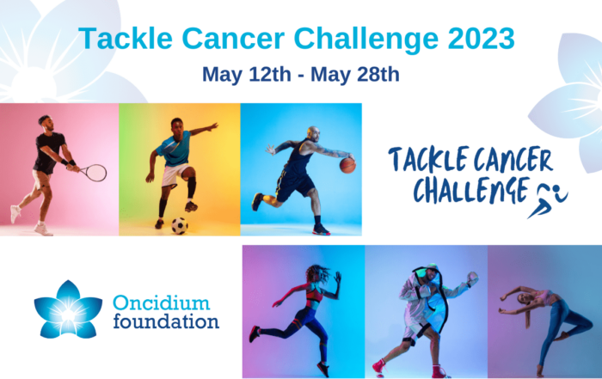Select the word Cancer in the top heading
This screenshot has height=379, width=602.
pyautogui.click(x=233, y=39)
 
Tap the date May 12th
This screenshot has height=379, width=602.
pyautogui.click(x=247, y=74)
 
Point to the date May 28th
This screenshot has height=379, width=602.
pyautogui.click(x=354, y=74)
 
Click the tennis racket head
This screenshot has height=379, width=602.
pyautogui.click(x=95, y=173)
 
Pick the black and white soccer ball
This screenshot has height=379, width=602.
pyautogui.click(x=179, y=226)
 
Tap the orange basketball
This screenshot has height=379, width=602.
pyautogui.click(x=347, y=165)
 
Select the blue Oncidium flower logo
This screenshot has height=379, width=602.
pyautogui.click(x=68, y=309)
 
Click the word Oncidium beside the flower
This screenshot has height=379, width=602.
pyautogui.click(x=162, y=303)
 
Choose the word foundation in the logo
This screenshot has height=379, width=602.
pyautogui.click(x=166, y=321)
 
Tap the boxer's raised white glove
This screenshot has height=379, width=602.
pyautogui.click(x=472, y=278)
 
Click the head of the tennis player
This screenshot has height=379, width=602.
pyautogui.click(x=46, y=123)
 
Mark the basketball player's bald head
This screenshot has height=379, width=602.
pyautogui.click(x=313, y=133)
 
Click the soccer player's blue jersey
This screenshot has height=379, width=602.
pyautogui.click(x=174, y=148)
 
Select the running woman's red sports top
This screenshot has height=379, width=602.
pyautogui.click(x=313, y=295)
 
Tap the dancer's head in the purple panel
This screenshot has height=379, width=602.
pyautogui.click(x=523, y=298)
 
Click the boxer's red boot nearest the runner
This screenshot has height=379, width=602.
pyautogui.click(x=379, y=367)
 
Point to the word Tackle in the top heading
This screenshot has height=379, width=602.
pyautogui.click(x=126, y=39)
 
